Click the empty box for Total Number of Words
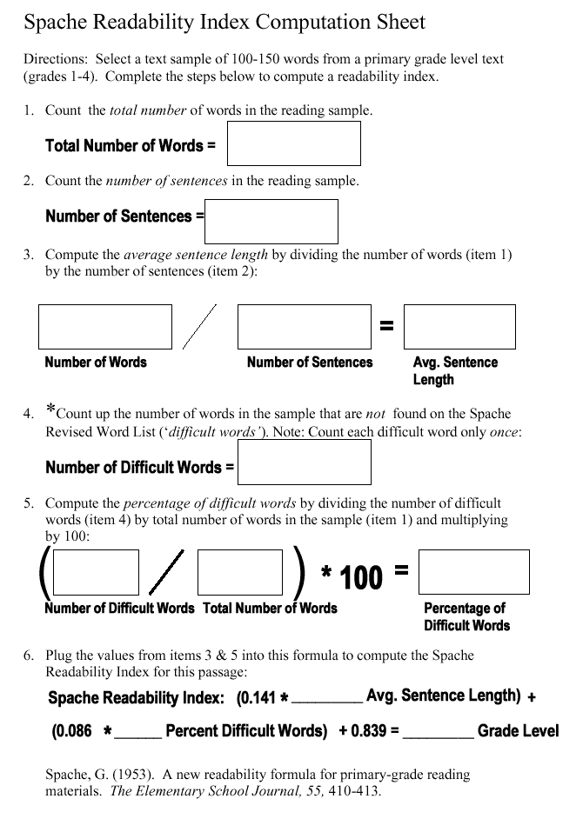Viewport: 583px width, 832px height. pos(293,143)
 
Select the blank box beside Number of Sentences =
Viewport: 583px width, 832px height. pos(271,222)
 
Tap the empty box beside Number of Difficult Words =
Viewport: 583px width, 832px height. pos(304,462)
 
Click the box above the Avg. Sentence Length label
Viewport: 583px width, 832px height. pos(459,327)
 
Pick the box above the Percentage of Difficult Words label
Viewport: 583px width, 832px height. pos(473,572)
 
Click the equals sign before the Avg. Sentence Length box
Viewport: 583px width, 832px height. pos(387,326)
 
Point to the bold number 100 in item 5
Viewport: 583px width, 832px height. pos(361,577)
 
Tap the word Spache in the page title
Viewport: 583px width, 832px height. pos(57,23)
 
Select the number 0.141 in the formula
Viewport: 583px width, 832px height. pos(258,698)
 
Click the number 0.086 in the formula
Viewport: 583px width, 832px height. pos(73,731)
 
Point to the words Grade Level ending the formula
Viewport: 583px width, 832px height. pos(518,731)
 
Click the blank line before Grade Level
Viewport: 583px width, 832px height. pos(439,735)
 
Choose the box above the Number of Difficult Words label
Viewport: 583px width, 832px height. pos(97,572)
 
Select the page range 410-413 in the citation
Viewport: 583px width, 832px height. pos(354,792)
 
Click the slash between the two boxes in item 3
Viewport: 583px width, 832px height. pos(199,327)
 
